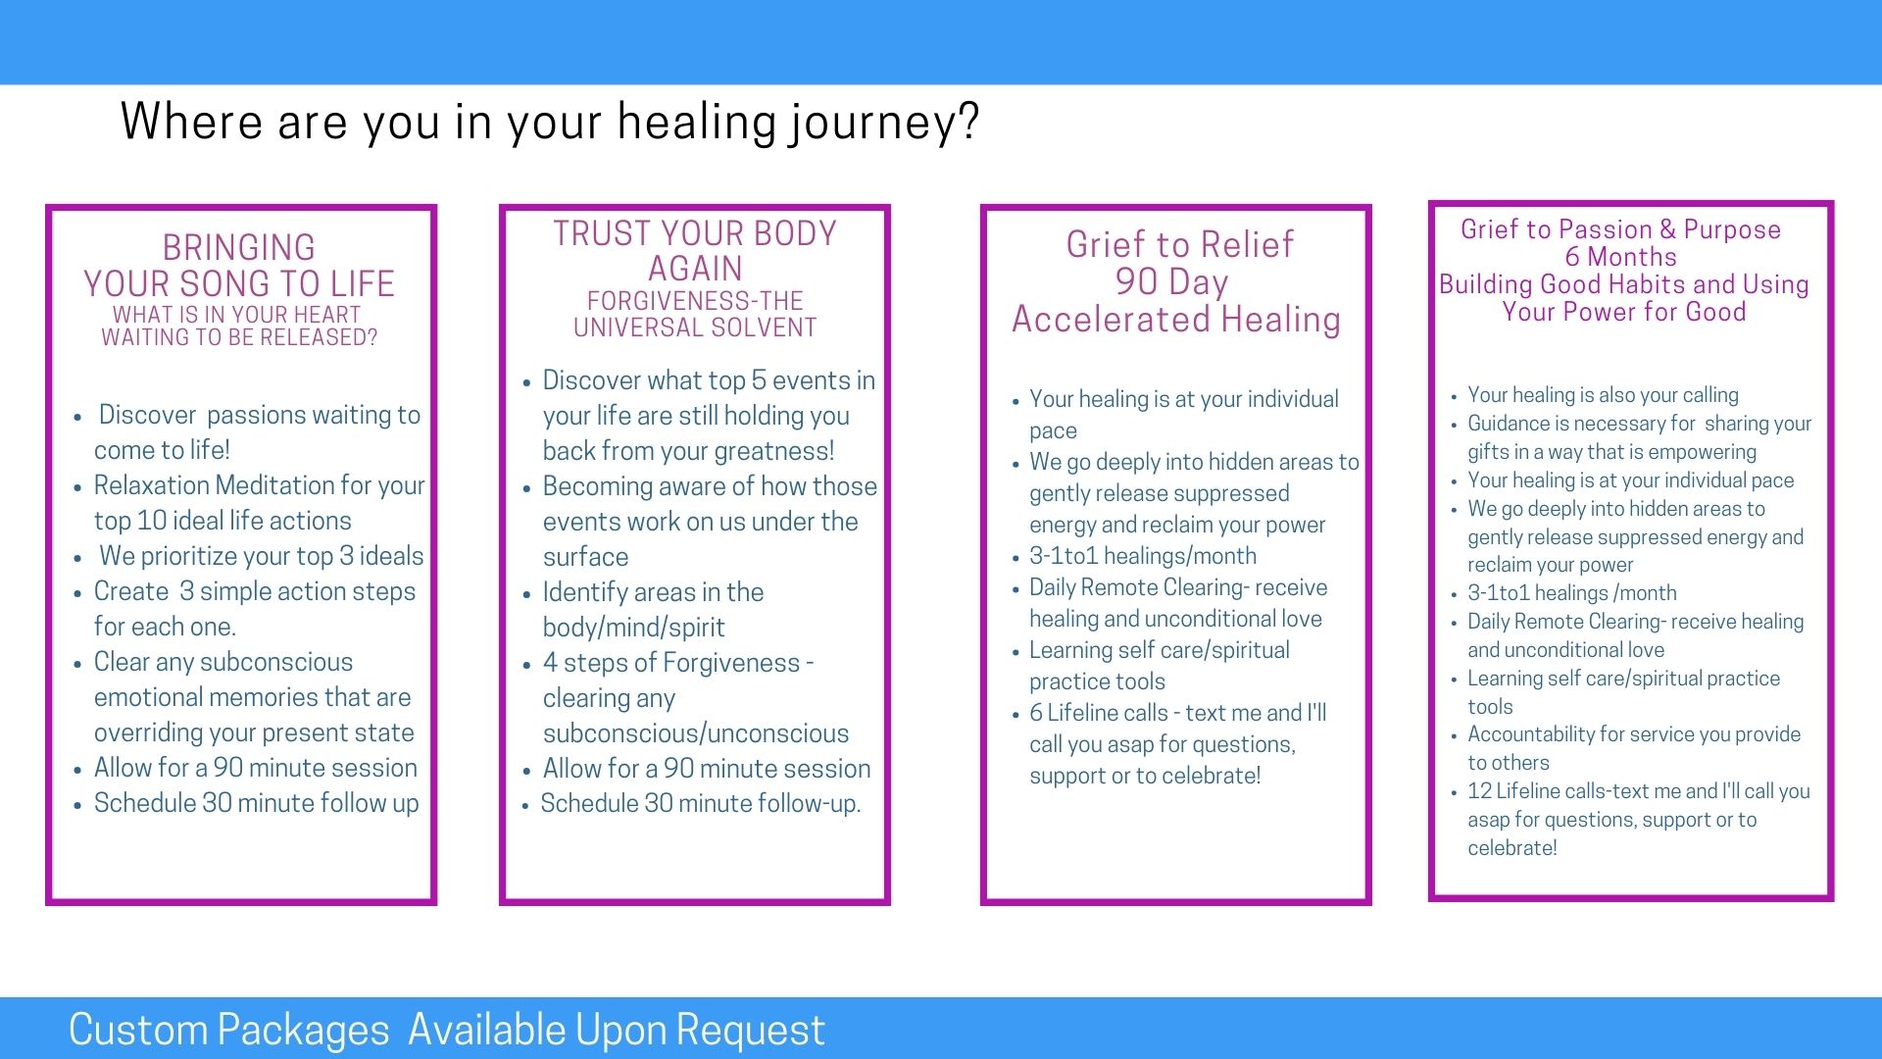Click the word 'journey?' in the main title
tap(885, 124)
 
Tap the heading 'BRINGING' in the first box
tap(239, 247)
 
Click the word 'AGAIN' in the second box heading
tap(695, 269)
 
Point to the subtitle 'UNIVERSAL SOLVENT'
tap(695, 328)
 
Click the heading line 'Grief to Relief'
tap(1180, 244)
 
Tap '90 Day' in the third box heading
tap(1171, 282)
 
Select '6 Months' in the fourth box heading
tap(1620, 257)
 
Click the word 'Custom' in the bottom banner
tap(136, 1030)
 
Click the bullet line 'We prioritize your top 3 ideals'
tap(262, 556)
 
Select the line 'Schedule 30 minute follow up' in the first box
tap(257, 803)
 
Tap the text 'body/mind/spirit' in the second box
tap(634, 628)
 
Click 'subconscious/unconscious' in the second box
tap(696, 733)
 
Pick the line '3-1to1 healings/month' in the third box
tap(1143, 556)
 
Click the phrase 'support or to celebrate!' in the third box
tap(1145, 776)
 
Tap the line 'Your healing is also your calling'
tap(1603, 395)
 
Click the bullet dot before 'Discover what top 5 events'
tap(526, 382)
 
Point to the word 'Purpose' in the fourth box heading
tap(1732, 229)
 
